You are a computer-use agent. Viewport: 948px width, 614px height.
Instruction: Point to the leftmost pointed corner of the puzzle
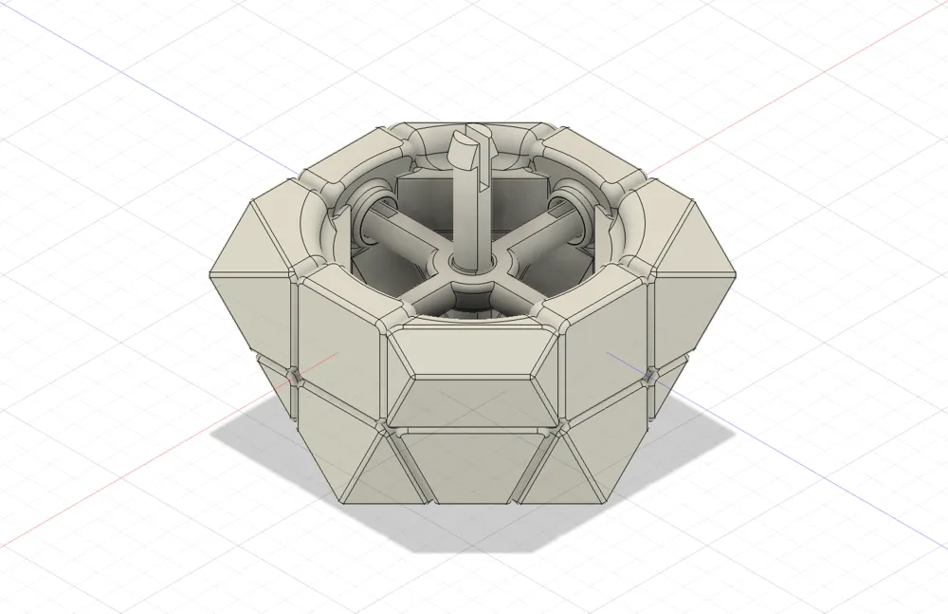[x=210, y=275]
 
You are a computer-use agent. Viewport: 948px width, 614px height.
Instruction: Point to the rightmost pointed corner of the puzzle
[x=738, y=275]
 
